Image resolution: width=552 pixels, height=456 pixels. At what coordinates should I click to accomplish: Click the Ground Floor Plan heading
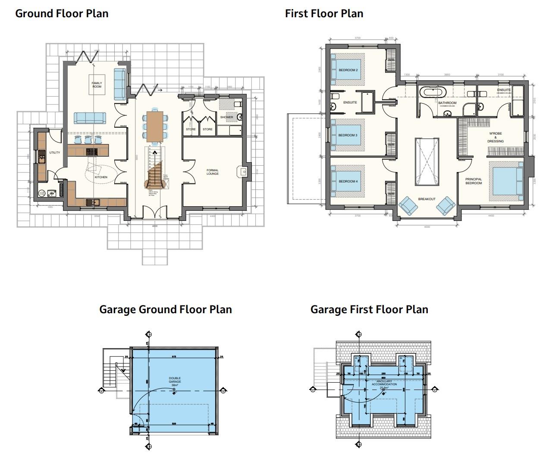[62, 13]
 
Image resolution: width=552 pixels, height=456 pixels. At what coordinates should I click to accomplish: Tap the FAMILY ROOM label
[97, 85]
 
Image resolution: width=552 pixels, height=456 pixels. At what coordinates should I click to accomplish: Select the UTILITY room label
[54, 152]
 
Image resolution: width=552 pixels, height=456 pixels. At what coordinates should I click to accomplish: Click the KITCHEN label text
[101, 177]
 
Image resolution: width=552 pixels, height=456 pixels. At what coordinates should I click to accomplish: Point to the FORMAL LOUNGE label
[213, 172]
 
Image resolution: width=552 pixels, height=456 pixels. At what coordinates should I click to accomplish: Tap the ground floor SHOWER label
[226, 117]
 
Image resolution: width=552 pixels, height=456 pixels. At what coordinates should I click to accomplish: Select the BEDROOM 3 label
[348, 135]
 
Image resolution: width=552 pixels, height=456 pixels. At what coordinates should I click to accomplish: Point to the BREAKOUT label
[427, 199]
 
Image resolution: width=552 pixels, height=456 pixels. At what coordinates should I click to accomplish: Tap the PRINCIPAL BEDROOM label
[474, 181]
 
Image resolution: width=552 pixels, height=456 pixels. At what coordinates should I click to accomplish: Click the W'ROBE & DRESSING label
[496, 137]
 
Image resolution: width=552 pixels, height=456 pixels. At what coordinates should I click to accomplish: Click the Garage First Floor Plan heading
[369, 309]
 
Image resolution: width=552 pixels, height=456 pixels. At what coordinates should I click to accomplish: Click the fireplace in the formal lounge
[242, 172]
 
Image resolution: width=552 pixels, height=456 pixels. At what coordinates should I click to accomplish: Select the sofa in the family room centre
[90, 117]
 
